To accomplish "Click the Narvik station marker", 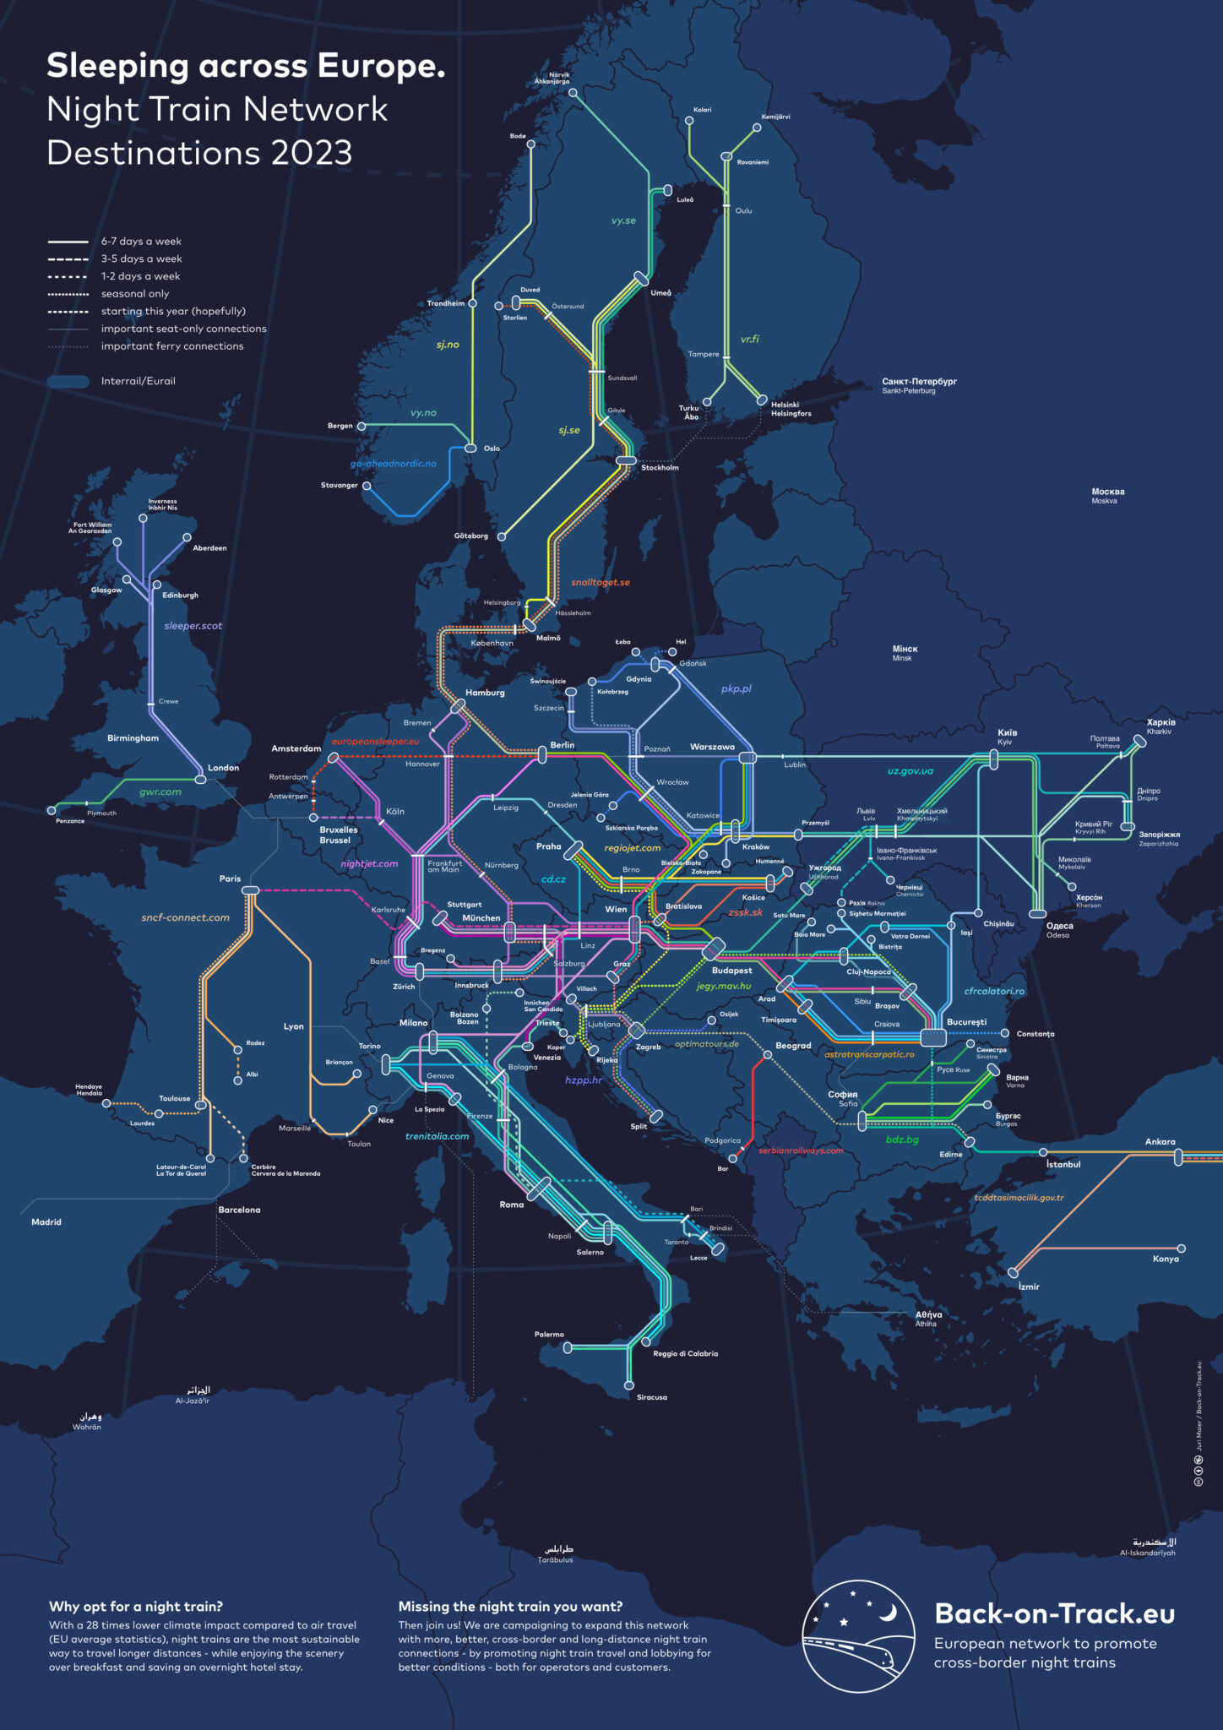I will point(573,93).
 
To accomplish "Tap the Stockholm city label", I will point(660,467).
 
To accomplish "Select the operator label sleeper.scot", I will point(193,626).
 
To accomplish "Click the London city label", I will point(224,768).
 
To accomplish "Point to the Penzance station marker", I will point(52,810).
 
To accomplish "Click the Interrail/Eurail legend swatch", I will point(68,381).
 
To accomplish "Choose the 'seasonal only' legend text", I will point(135,294).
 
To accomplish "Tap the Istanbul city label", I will point(1063,1164).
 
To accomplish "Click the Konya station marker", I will point(1181,1249).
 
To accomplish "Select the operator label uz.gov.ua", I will point(910,770).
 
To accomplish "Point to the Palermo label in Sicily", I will point(549,1335).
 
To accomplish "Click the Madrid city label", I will point(46,1221).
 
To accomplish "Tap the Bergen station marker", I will point(361,427).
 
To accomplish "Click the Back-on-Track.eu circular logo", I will point(858,1636).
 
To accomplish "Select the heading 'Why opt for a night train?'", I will point(136,1607).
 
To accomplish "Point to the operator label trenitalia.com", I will point(437,1136).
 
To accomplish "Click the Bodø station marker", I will point(530,144).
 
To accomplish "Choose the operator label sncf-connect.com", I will point(185,917).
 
